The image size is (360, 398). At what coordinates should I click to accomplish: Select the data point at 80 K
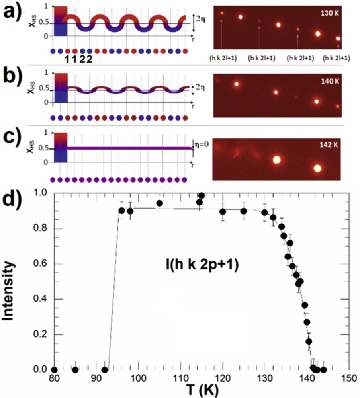point(54,370)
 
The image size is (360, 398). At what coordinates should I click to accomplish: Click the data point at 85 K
point(75,370)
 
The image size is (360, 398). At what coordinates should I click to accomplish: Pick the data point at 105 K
point(160,203)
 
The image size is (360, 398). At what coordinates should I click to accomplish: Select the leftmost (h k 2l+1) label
point(223,58)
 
